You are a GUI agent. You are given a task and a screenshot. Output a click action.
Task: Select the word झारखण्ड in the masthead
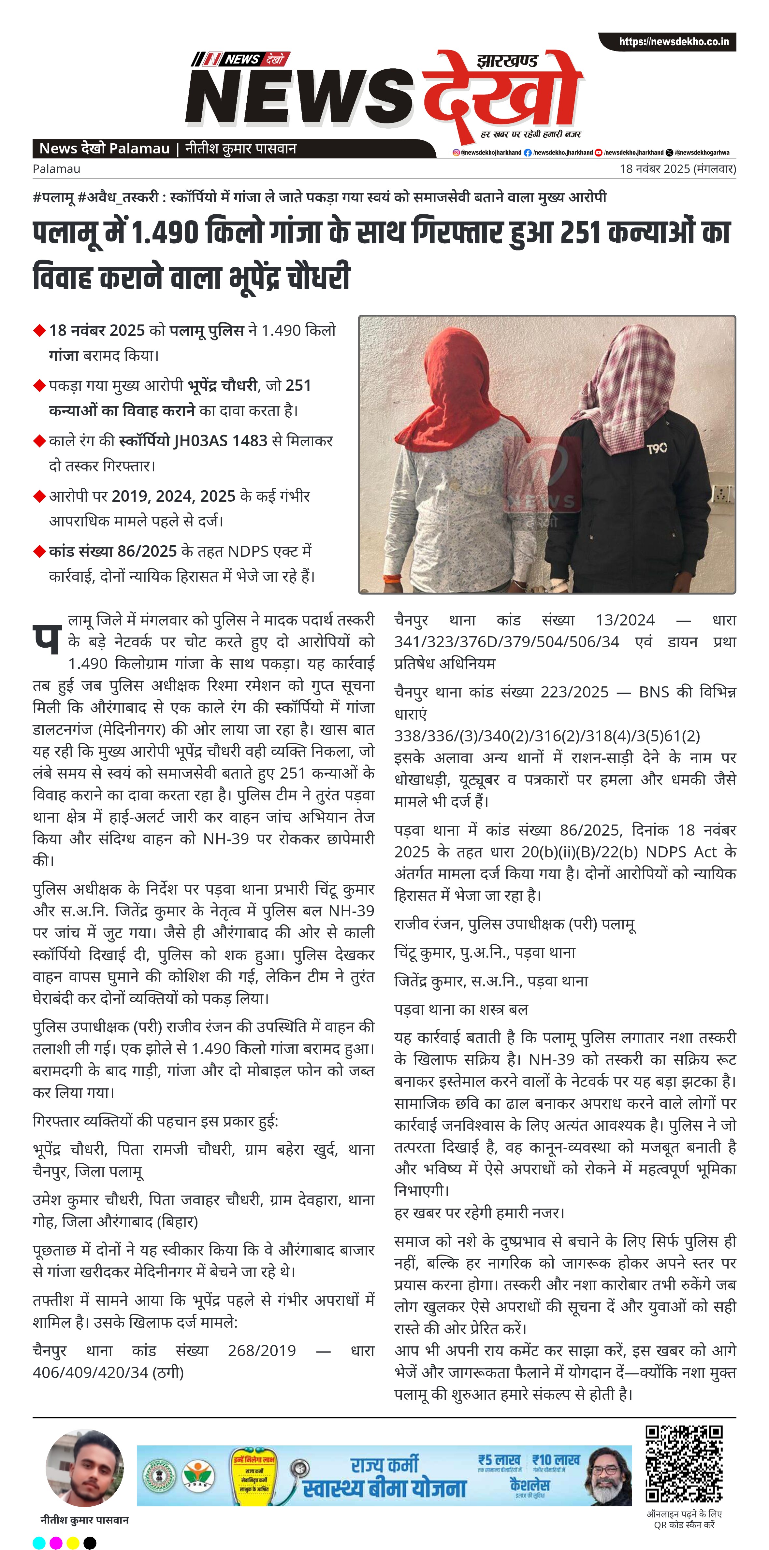coord(507,61)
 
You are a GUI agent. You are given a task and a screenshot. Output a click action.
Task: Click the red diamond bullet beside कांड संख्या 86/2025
coord(40,551)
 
